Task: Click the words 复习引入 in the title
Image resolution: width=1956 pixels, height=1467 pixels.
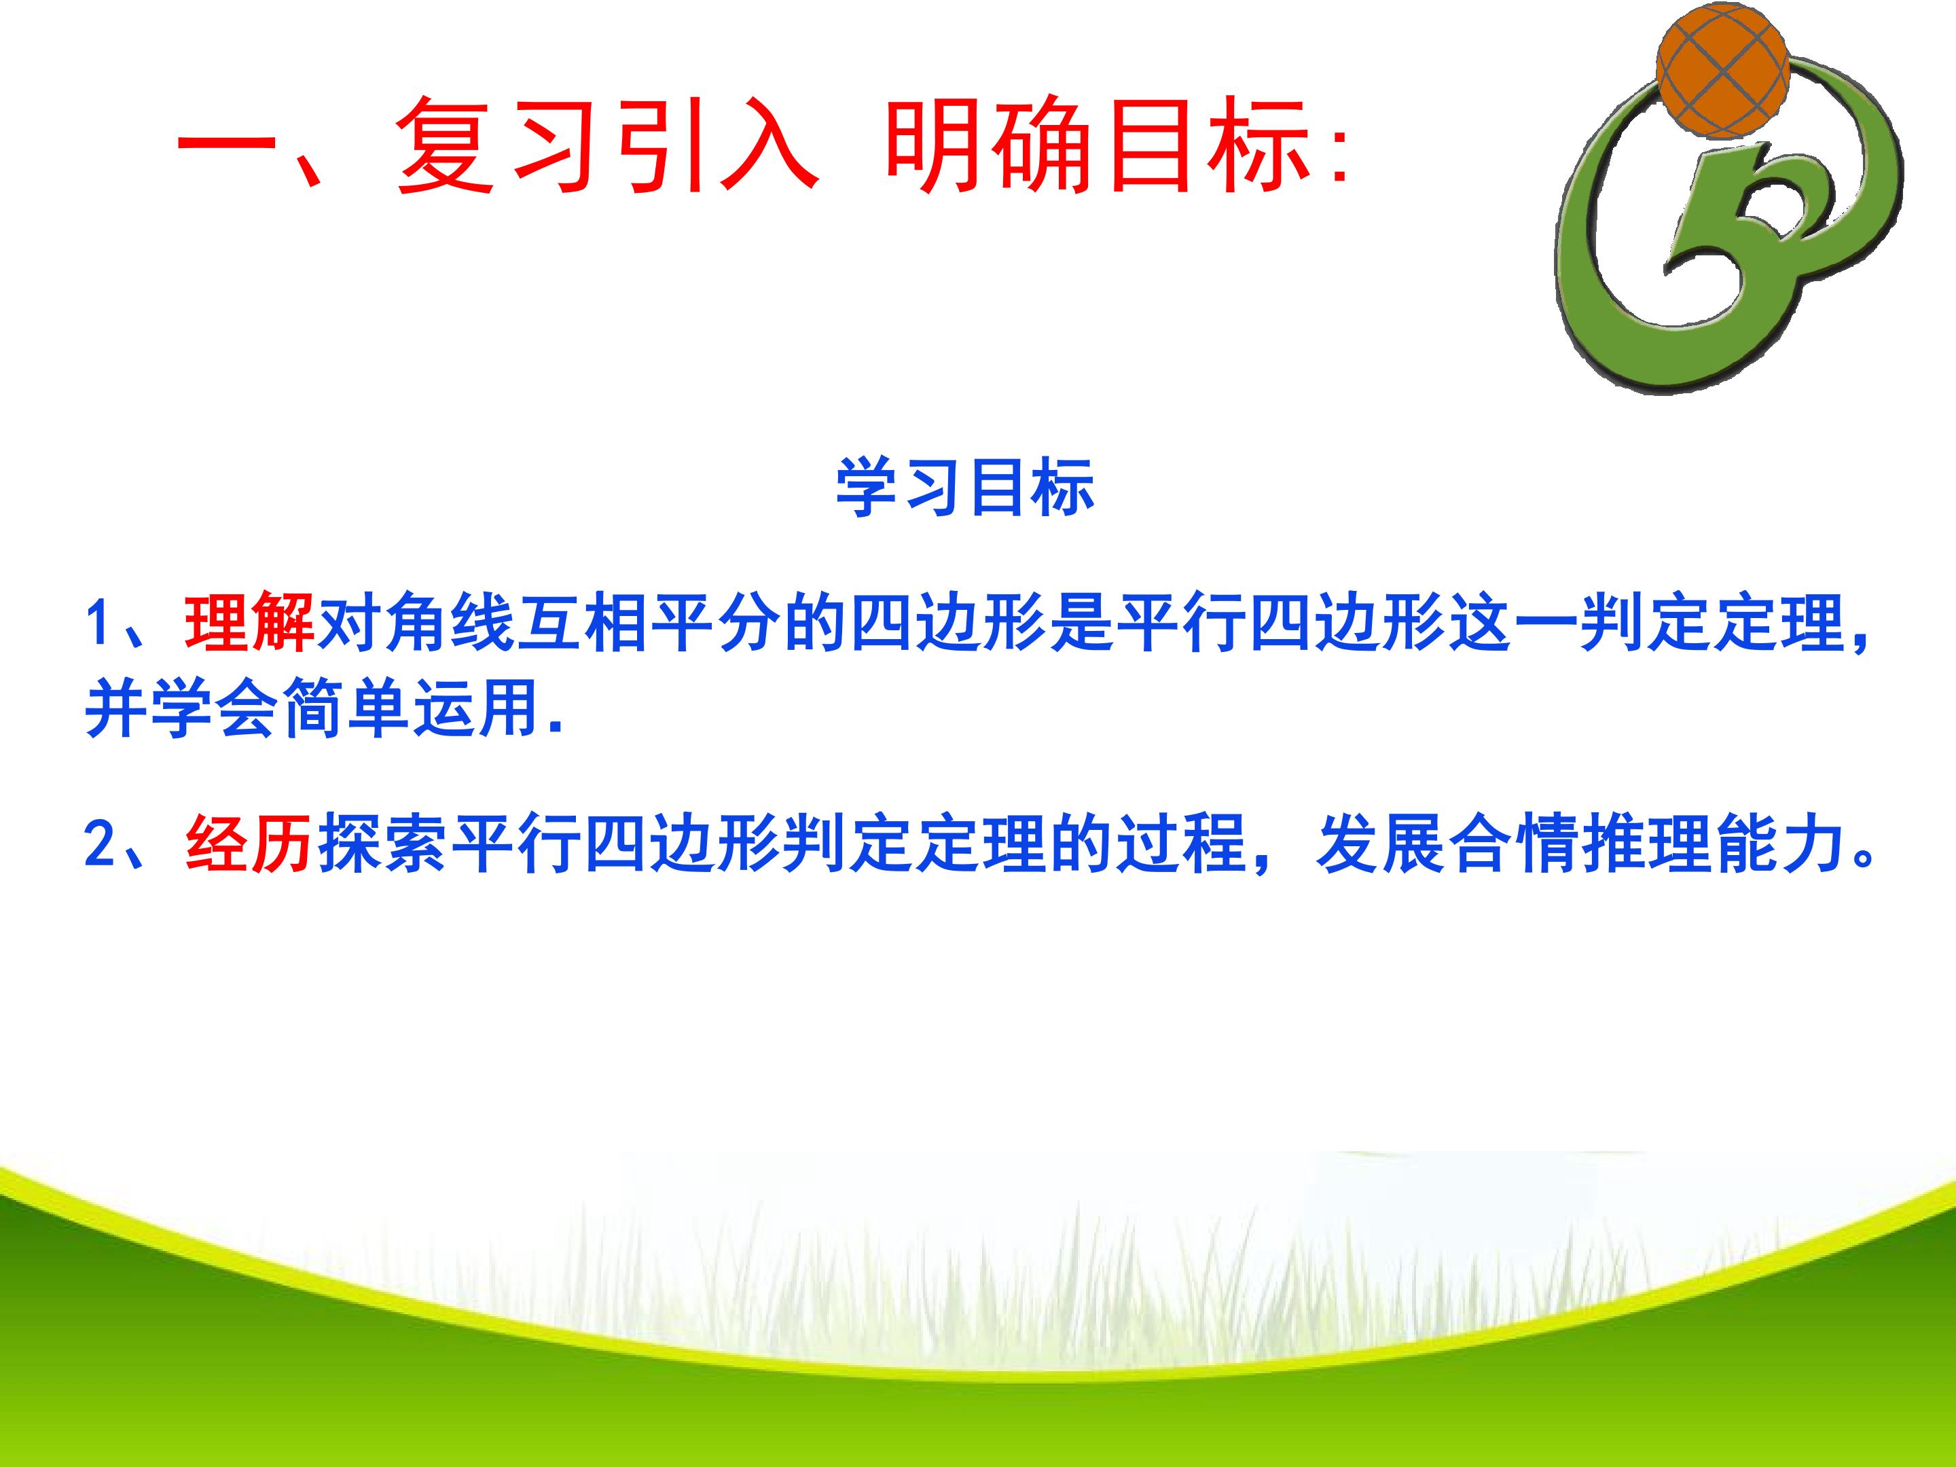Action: coord(606,144)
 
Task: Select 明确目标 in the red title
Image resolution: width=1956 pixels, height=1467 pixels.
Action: coord(1096,144)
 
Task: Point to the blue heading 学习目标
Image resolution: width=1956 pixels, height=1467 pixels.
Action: coord(966,487)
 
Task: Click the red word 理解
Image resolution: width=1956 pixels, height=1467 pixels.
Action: coord(250,623)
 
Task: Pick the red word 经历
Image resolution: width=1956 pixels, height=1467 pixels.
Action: coord(250,843)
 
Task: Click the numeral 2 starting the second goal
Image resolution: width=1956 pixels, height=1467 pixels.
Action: coord(99,844)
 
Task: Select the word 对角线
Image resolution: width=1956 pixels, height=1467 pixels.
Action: coord(416,623)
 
